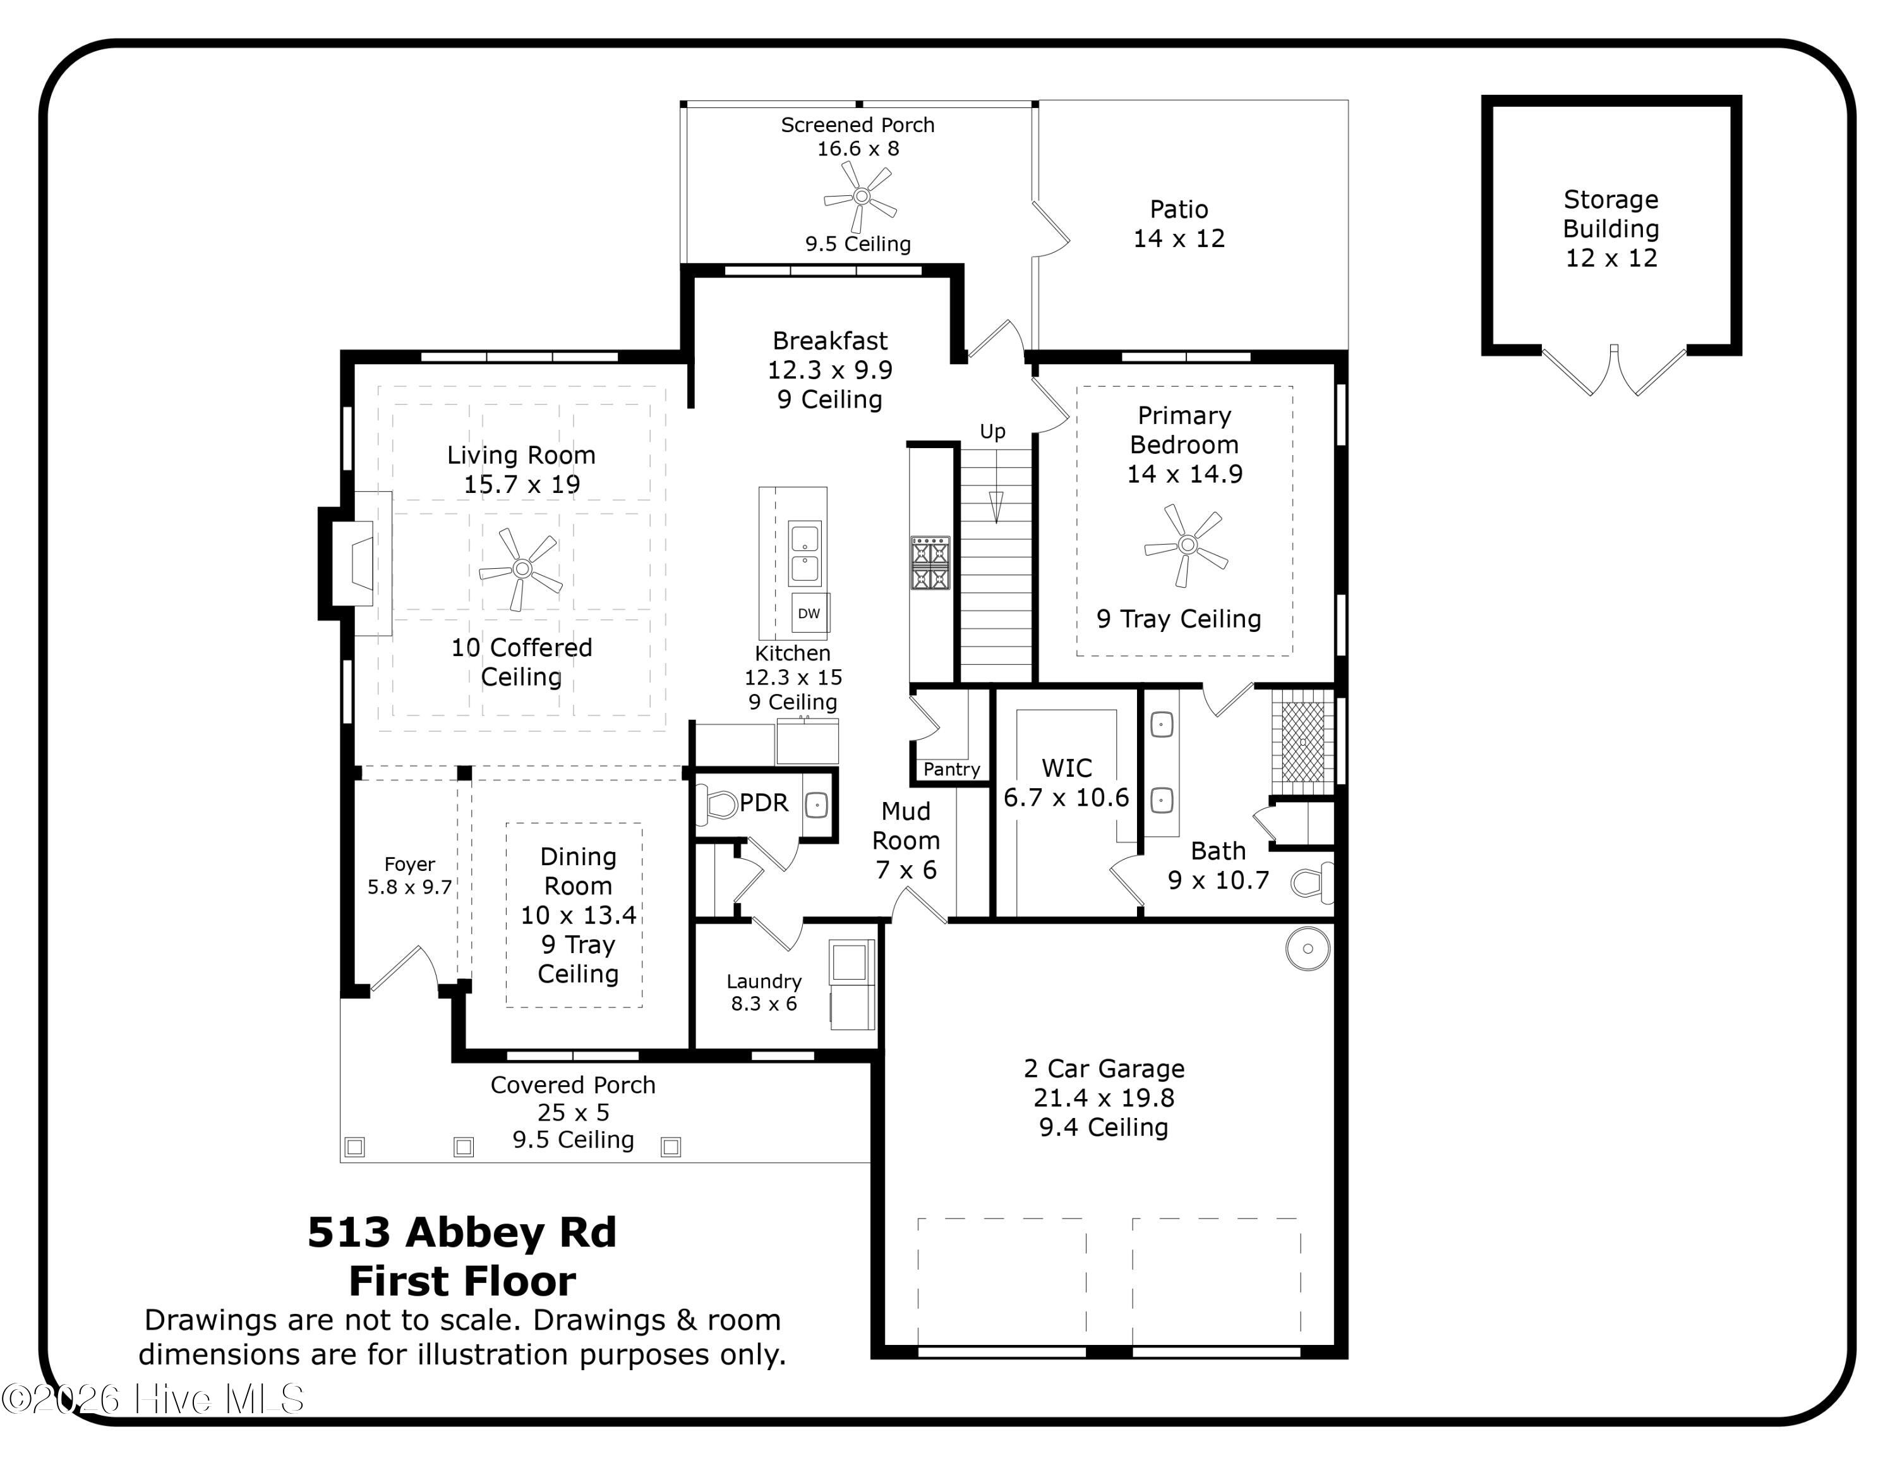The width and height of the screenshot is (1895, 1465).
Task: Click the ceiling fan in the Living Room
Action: (522, 568)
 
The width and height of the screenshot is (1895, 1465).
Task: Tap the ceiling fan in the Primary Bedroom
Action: (1187, 545)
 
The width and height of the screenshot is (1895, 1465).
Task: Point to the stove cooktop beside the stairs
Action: (930, 562)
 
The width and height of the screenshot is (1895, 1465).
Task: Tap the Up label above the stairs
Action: (992, 431)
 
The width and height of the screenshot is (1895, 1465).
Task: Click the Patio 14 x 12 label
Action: (1179, 223)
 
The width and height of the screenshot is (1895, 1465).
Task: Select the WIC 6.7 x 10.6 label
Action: (1066, 783)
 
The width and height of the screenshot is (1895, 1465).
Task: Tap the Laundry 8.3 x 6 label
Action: (764, 992)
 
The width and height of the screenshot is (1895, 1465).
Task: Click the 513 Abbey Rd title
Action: (462, 1232)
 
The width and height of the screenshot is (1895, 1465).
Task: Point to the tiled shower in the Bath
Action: (1302, 742)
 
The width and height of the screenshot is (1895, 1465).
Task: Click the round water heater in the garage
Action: (1308, 949)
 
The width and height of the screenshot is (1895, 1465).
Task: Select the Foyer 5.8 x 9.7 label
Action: (409, 876)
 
